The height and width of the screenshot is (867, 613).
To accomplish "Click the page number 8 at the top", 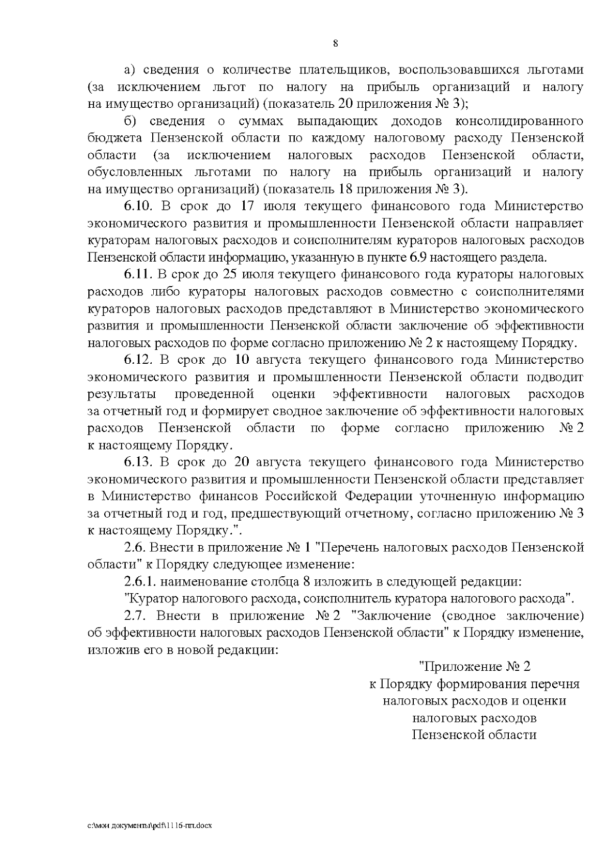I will click(x=335, y=43).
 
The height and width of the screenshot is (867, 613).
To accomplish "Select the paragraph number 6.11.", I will click(x=138, y=275).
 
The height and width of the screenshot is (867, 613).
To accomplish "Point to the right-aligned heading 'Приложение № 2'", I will click(x=475, y=667).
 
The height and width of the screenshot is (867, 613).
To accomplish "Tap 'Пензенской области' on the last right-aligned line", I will click(x=475, y=735).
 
